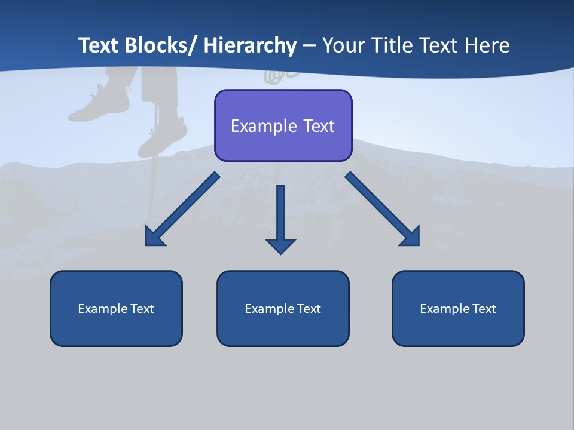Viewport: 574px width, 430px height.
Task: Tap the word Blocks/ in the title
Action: pyautogui.click(x=161, y=45)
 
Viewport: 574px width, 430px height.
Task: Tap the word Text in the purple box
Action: pyautogui.click(x=318, y=126)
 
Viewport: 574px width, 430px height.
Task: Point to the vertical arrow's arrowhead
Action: pyautogui.click(x=280, y=246)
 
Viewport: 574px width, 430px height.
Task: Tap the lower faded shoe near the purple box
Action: pyautogui.click(x=163, y=136)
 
